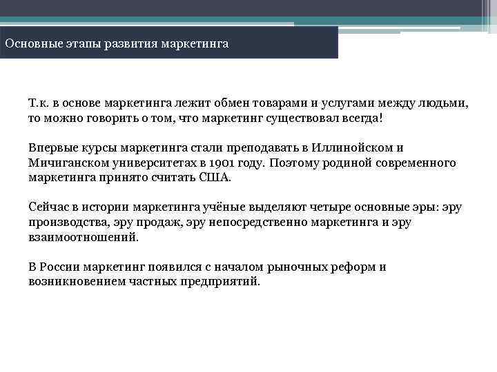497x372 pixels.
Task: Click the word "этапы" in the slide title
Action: click(86, 43)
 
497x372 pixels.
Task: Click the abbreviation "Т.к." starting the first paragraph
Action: click(38, 103)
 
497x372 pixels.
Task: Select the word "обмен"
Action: click(229, 103)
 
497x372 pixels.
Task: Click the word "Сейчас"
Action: click(48, 207)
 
